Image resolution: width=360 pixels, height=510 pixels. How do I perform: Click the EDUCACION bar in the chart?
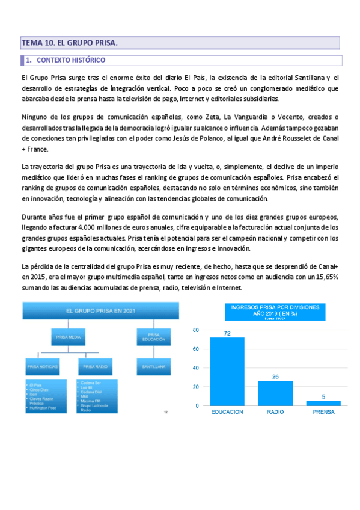tap(227, 371)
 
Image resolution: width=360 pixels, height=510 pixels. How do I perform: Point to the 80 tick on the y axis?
tap(195, 331)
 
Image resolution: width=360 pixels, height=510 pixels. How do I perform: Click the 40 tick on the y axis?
tap(195, 368)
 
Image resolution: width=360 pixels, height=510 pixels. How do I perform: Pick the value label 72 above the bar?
tap(227, 333)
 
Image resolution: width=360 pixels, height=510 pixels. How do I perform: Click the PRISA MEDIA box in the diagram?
tap(68, 338)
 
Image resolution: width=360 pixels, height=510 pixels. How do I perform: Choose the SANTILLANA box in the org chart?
tap(153, 366)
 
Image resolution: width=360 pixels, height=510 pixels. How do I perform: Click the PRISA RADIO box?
tap(96, 366)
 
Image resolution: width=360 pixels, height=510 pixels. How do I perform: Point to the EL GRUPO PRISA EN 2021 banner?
tap(100, 311)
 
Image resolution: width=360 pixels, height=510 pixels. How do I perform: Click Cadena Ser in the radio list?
tap(90, 383)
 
